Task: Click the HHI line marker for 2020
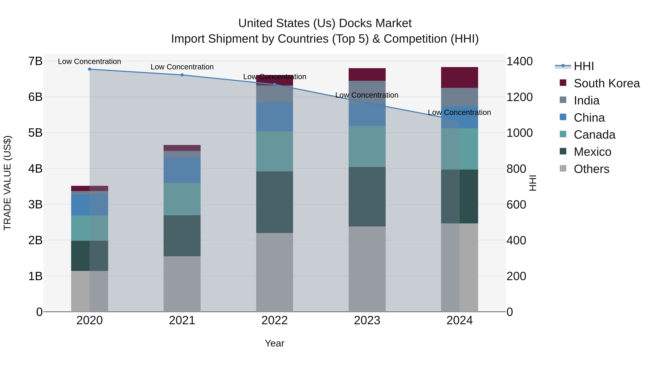click(90, 69)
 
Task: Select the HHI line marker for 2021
click(182, 75)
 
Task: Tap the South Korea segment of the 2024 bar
click(460, 78)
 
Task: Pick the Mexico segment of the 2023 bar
click(367, 197)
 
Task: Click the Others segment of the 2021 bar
click(182, 284)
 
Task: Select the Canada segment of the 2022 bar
click(274, 151)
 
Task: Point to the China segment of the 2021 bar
click(182, 170)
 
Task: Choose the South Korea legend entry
click(607, 83)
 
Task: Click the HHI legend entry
click(584, 66)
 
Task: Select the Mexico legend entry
click(592, 152)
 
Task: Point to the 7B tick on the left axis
click(35, 61)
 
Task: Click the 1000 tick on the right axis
click(519, 133)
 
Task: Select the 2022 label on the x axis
click(274, 320)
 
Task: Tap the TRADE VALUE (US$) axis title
click(8, 183)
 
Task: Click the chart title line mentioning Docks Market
click(325, 23)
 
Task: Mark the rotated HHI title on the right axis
click(532, 183)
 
